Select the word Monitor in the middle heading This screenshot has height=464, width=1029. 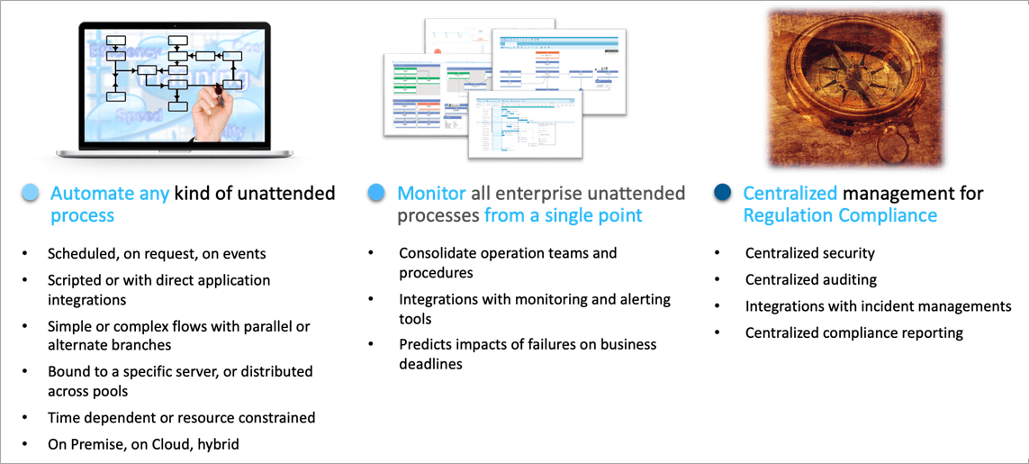tap(431, 193)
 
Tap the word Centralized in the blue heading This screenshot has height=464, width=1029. tap(790, 193)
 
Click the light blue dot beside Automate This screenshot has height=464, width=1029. tap(31, 193)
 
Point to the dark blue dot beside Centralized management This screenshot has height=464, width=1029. tap(722, 193)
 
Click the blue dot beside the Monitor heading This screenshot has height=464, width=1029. tap(376, 193)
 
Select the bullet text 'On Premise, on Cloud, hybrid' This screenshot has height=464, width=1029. tap(143, 443)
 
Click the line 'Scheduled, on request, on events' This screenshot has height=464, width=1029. tap(157, 253)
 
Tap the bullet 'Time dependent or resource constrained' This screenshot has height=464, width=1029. tap(181, 417)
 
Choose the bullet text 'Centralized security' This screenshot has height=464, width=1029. tap(809, 253)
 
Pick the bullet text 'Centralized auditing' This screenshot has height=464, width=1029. tap(810, 279)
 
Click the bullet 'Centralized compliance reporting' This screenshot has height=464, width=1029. tap(853, 332)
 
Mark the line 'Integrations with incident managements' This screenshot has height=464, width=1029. tap(878, 306)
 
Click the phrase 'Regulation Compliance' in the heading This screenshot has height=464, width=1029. tap(839, 215)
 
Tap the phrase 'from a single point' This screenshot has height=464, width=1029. tap(563, 215)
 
